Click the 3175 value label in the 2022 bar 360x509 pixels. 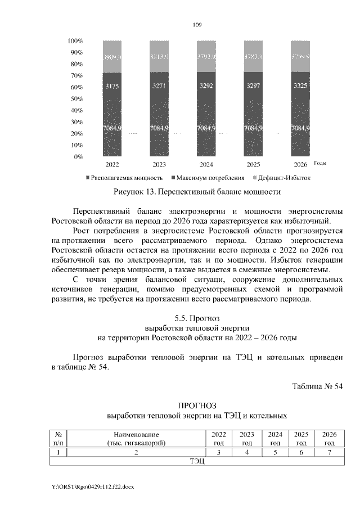point(112,86)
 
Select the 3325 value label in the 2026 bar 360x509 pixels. point(300,86)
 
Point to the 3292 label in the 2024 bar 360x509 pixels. point(206,86)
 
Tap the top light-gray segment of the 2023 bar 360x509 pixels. point(159,57)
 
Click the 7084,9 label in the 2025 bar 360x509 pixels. point(254,129)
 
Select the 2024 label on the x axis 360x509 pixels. point(206,165)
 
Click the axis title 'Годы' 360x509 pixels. point(321,163)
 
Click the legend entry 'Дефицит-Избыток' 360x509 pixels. point(285,178)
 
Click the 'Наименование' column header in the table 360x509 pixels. point(136,434)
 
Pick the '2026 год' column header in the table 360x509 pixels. point(328,439)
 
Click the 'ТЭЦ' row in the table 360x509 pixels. point(196,462)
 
